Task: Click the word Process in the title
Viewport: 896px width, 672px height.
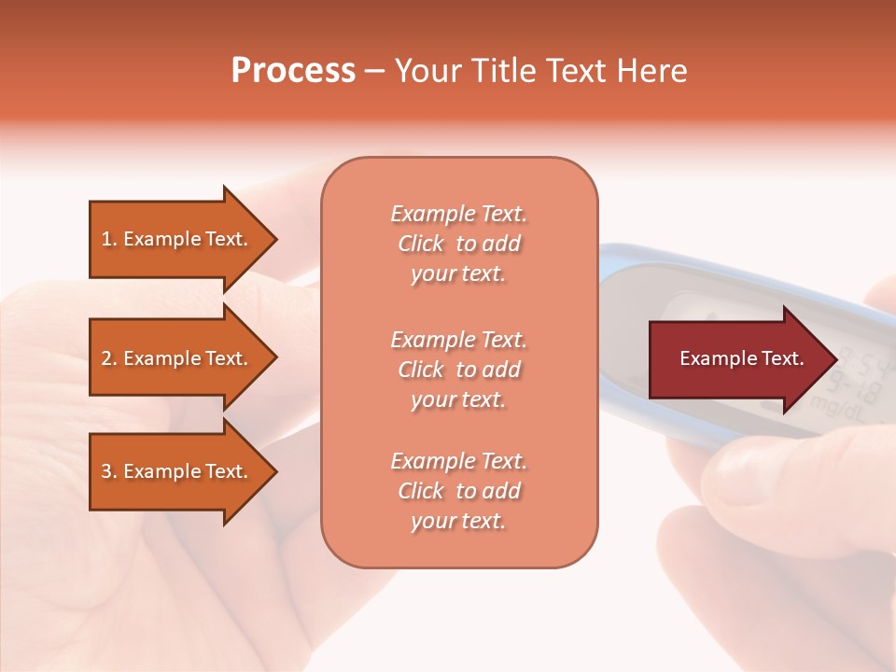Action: [293, 71]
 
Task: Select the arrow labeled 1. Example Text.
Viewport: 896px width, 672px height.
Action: [177, 239]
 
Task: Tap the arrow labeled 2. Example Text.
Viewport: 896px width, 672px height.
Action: [177, 358]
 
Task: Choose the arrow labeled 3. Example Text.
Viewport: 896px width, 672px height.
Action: [177, 471]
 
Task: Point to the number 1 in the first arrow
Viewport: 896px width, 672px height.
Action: [106, 239]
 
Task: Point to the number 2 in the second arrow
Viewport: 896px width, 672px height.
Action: [106, 358]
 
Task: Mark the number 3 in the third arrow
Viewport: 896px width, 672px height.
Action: [106, 471]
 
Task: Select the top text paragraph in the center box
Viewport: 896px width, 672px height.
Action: [458, 244]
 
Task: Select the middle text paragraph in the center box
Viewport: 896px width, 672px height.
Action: [458, 370]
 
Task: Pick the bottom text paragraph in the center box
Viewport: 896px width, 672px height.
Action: [458, 491]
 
